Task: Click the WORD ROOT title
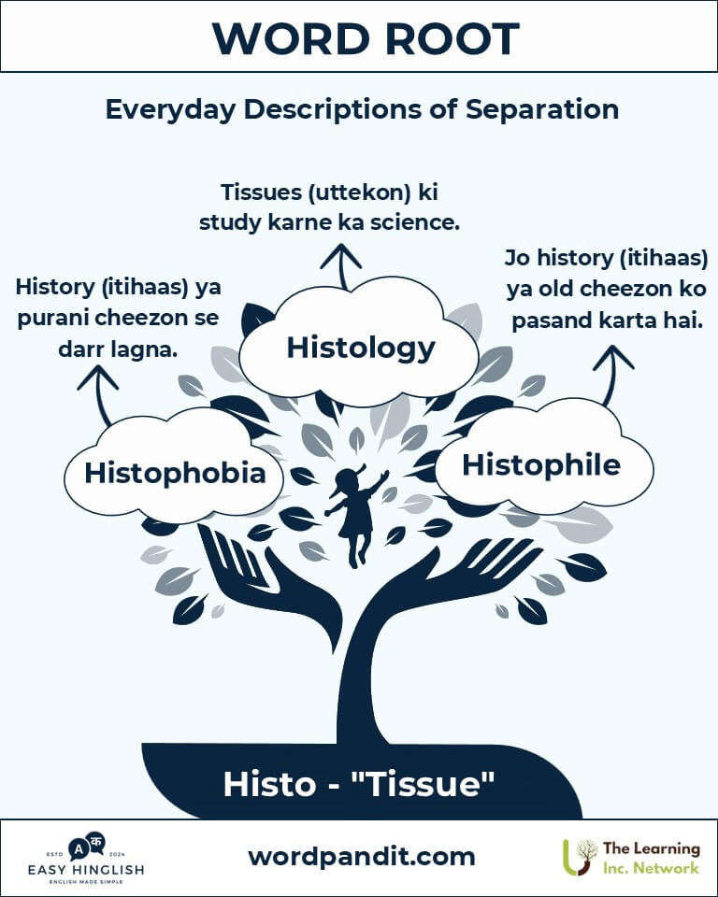(x=366, y=39)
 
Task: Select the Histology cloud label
(x=361, y=349)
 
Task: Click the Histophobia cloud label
(x=175, y=474)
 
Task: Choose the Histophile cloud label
(x=541, y=464)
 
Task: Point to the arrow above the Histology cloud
(x=341, y=266)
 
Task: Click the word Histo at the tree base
(x=269, y=784)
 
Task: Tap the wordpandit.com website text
(x=361, y=857)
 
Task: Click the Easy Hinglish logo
(x=86, y=858)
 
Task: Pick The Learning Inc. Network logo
(x=631, y=858)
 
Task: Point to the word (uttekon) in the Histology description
(x=360, y=192)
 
